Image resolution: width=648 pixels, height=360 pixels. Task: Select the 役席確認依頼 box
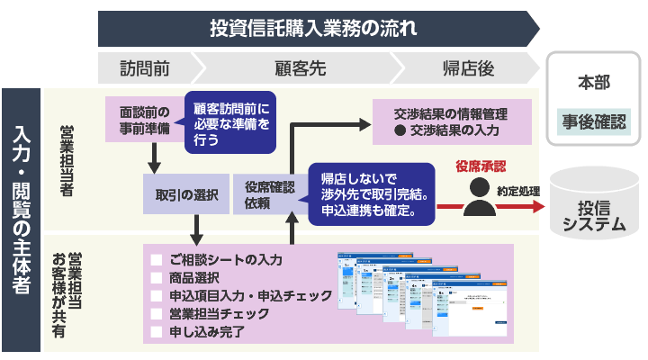click(268, 194)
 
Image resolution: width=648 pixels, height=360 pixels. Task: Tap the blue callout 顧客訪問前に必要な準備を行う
click(230, 122)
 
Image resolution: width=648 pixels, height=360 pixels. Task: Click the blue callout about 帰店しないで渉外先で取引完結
click(373, 194)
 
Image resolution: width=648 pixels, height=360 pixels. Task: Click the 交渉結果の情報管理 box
click(450, 122)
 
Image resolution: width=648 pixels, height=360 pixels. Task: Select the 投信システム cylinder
click(591, 202)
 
